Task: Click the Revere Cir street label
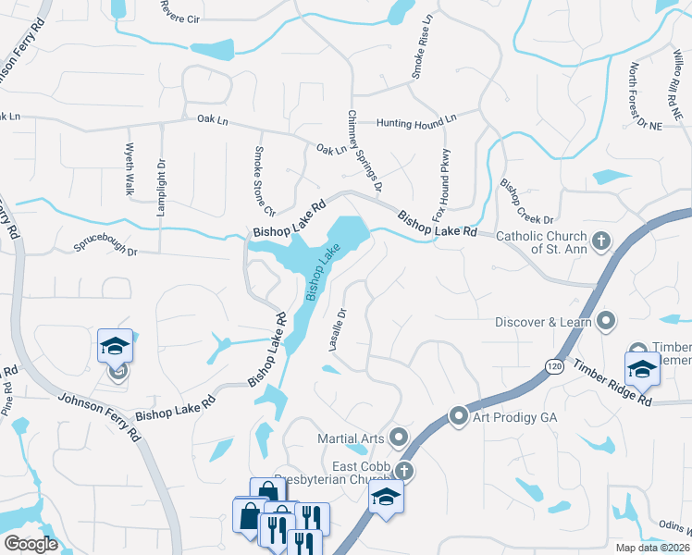pyautogui.click(x=179, y=12)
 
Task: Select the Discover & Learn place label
pyautogui.click(x=541, y=322)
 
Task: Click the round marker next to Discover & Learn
pyautogui.click(x=607, y=321)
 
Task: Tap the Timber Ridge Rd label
pyautogui.click(x=611, y=382)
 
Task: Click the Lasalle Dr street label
pyautogui.click(x=338, y=329)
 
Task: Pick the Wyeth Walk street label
pyautogui.click(x=130, y=169)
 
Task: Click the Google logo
pyautogui.click(x=31, y=544)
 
